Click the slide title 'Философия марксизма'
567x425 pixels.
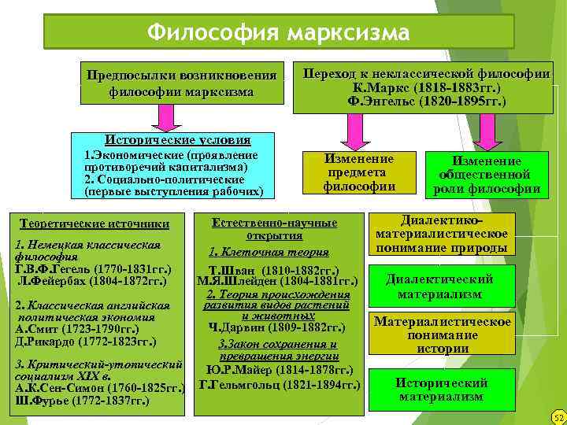279,33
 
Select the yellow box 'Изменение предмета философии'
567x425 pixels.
359,172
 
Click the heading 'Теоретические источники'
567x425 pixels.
94,224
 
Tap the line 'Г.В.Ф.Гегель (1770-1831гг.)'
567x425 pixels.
95,268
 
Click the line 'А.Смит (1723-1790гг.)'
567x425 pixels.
77,329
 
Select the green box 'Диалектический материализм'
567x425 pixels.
439,286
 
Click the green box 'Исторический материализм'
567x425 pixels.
441,390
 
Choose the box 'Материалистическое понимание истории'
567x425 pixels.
442,334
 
